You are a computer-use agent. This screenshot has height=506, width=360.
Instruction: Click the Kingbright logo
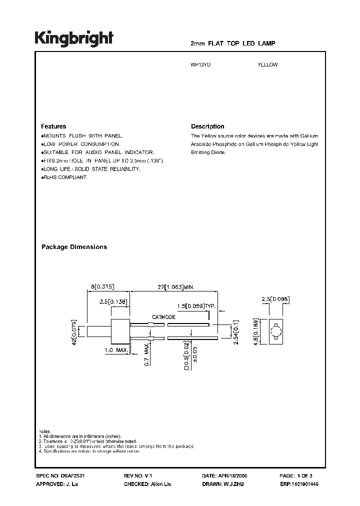click(x=74, y=38)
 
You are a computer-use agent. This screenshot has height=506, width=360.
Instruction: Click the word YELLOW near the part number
click(x=267, y=64)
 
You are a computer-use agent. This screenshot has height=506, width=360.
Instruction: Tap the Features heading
click(x=53, y=126)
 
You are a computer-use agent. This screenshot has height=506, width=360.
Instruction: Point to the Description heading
click(x=207, y=126)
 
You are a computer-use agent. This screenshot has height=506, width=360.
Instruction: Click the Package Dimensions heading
click(x=74, y=247)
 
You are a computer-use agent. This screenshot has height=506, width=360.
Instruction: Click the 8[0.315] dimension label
click(x=103, y=286)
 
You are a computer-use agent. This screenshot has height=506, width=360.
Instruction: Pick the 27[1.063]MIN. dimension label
click(x=172, y=286)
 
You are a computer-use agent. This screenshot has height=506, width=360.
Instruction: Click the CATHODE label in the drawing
click(x=164, y=317)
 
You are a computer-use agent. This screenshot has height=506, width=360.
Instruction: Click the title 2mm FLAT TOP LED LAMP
click(x=233, y=44)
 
